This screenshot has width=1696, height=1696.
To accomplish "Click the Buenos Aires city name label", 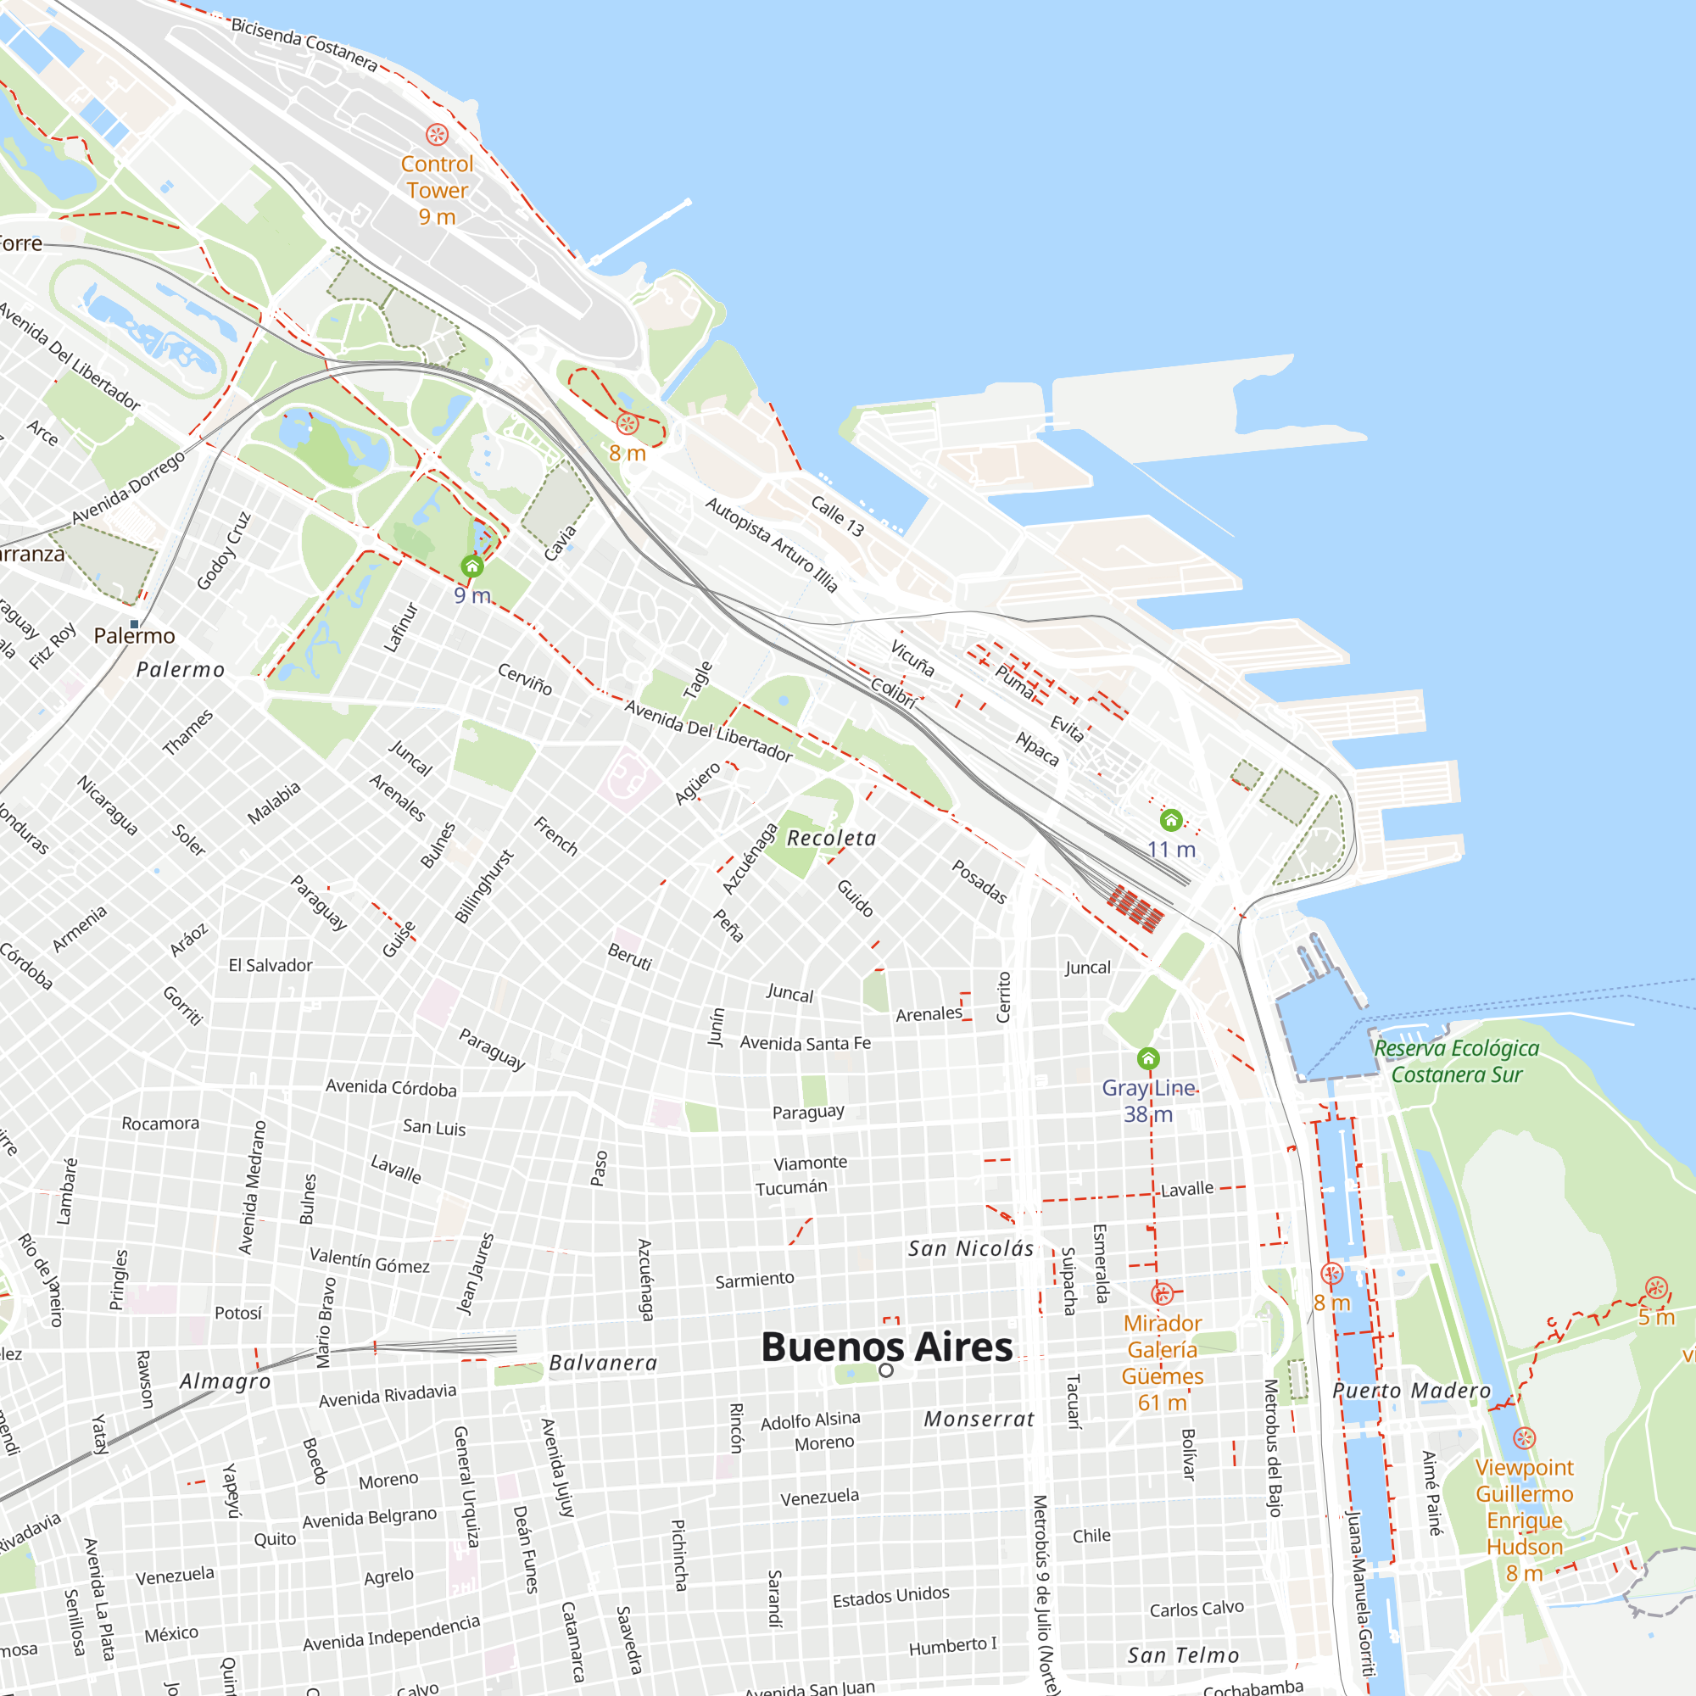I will click(x=887, y=1347).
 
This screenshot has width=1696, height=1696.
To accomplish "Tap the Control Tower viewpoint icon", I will click(x=438, y=134).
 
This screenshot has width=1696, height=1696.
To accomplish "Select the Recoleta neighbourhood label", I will click(x=831, y=839).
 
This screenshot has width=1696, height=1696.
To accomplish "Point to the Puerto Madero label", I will click(x=1412, y=1392).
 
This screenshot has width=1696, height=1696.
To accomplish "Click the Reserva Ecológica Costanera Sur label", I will click(x=1456, y=1062).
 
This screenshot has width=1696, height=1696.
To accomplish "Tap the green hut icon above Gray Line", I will click(x=1148, y=1058).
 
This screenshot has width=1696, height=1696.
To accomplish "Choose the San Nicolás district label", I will click(x=971, y=1249).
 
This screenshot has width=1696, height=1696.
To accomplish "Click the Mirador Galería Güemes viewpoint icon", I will click(x=1163, y=1294).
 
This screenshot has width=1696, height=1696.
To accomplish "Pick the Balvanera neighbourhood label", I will click(x=603, y=1364).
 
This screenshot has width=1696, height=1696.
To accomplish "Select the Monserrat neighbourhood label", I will click(x=979, y=1420).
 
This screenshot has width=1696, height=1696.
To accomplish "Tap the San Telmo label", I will click(x=1183, y=1655).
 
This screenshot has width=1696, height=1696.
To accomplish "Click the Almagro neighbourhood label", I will click(x=226, y=1381).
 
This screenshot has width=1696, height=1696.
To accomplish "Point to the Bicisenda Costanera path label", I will click(x=304, y=45).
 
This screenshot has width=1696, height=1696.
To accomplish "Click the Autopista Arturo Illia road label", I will click(x=772, y=544).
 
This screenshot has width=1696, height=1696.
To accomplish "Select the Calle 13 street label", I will click(x=838, y=516).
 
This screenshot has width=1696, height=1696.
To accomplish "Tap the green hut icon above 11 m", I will click(x=1171, y=821).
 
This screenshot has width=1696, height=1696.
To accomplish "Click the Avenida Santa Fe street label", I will click(x=805, y=1043).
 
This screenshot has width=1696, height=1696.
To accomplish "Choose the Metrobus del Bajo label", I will click(x=1272, y=1448).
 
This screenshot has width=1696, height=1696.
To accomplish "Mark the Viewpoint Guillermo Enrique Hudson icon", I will click(x=1524, y=1438).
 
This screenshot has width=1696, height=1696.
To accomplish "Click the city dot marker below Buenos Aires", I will click(x=887, y=1370).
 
